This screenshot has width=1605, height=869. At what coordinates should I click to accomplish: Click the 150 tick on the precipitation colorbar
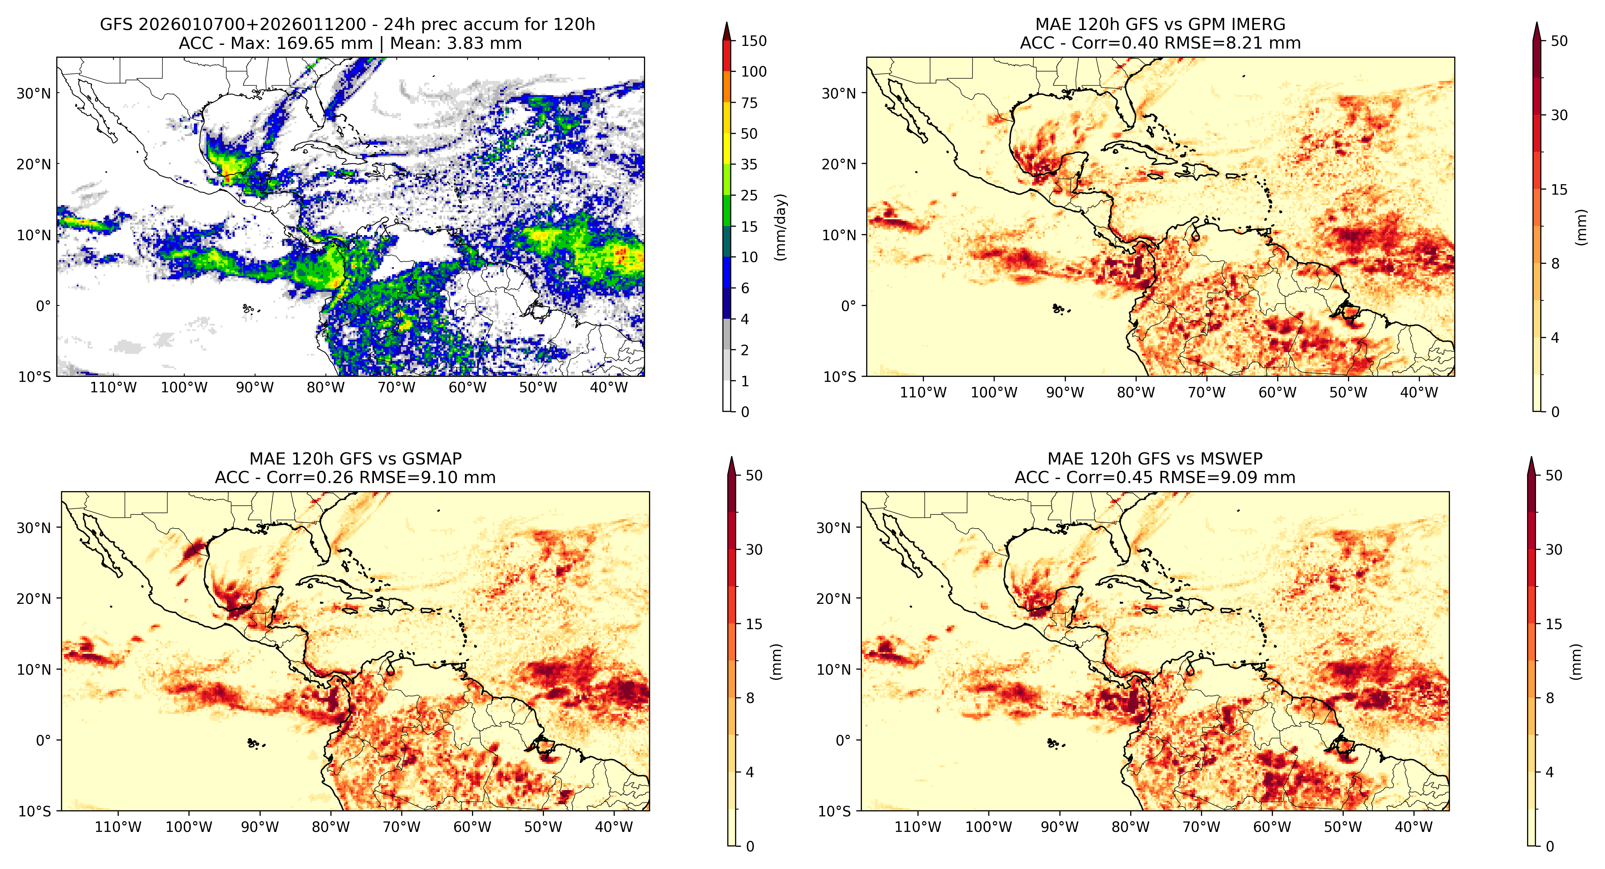(x=753, y=41)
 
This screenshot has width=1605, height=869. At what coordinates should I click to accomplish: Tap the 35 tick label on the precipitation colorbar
(x=749, y=165)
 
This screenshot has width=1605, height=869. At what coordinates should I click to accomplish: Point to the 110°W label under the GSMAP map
(x=118, y=827)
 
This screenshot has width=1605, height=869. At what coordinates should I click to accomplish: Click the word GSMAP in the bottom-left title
(x=432, y=459)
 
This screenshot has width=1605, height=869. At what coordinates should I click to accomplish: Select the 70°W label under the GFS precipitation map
(x=396, y=388)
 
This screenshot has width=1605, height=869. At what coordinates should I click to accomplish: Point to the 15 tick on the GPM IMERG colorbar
(x=1559, y=190)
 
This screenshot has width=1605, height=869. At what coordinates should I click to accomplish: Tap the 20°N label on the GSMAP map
(x=34, y=598)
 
